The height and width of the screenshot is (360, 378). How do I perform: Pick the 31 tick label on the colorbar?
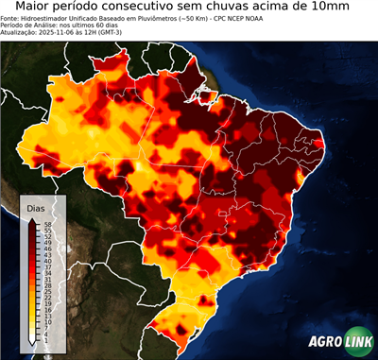[46, 279]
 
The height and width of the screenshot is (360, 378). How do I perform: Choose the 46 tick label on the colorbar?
[46, 248]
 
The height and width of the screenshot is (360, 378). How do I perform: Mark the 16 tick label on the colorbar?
[46, 309]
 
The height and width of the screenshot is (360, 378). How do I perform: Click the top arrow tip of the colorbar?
[32, 218]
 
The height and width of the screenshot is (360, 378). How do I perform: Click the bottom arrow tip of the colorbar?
[32, 344]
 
